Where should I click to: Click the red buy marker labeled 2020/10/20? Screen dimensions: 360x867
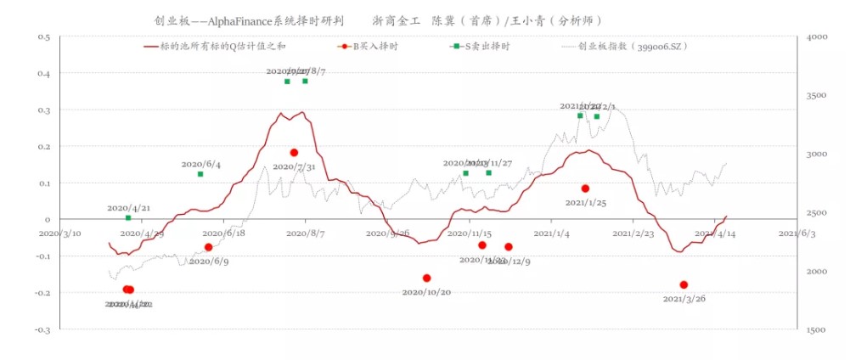coord(426,278)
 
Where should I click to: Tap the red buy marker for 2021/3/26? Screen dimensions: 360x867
coord(684,285)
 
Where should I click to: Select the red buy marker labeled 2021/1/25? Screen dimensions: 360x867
coord(585,188)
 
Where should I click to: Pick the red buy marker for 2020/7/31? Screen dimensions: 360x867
coord(294,153)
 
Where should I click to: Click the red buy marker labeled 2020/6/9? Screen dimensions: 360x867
coord(208,247)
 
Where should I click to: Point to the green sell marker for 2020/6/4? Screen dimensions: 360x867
coord(200,174)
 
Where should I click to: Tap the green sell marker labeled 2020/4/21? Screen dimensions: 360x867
coord(128,218)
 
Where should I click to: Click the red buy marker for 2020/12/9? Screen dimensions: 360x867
coord(509,247)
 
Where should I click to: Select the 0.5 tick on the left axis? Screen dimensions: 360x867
coord(45,37)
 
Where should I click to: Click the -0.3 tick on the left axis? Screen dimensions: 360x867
coord(43,329)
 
